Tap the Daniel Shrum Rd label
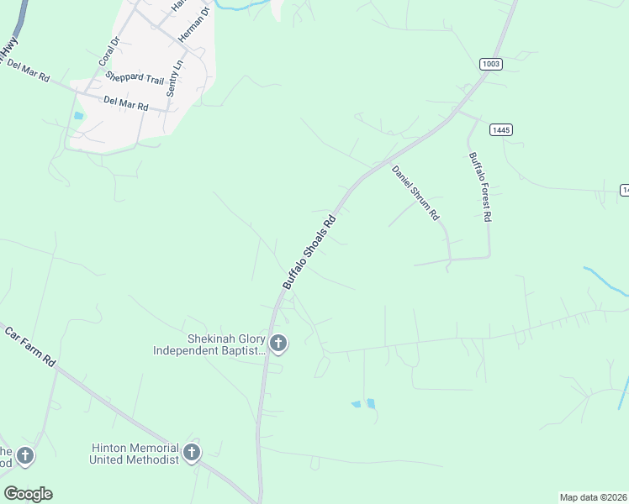pyautogui.click(x=415, y=192)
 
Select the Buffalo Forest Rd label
pyautogui.click(x=479, y=186)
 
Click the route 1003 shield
pyautogui.click(x=491, y=64)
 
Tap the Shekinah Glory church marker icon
pyautogui.click(x=278, y=343)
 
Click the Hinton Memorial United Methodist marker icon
pyautogui.click(x=192, y=454)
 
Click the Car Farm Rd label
pyautogui.click(x=30, y=346)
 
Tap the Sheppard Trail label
pyautogui.click(x=135, y=77)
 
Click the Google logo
pyautogui.click(x=28, y=494)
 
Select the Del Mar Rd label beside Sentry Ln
pyautogui.click(x=125, y=103)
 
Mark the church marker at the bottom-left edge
pyautogui.click(x=25, y=456)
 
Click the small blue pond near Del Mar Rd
pyautogui.click(x=79, y=115)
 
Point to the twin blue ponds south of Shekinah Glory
pyautogui.click(x=363, y=404)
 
